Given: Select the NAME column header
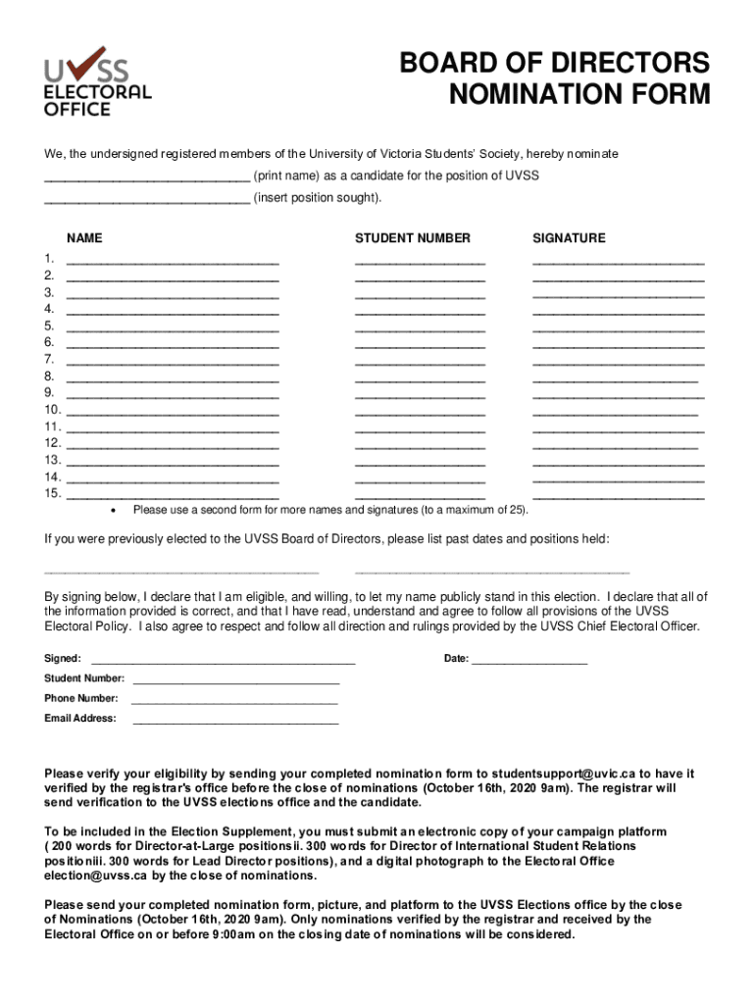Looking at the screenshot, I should coord(84,238).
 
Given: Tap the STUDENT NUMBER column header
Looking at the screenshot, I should coord(412,238).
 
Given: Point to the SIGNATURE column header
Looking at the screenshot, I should coord(569,238).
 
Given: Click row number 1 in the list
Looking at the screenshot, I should coord(49,259).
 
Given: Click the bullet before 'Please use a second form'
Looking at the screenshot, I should coord(115,511).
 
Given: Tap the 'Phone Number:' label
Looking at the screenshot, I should coord(81,698).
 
